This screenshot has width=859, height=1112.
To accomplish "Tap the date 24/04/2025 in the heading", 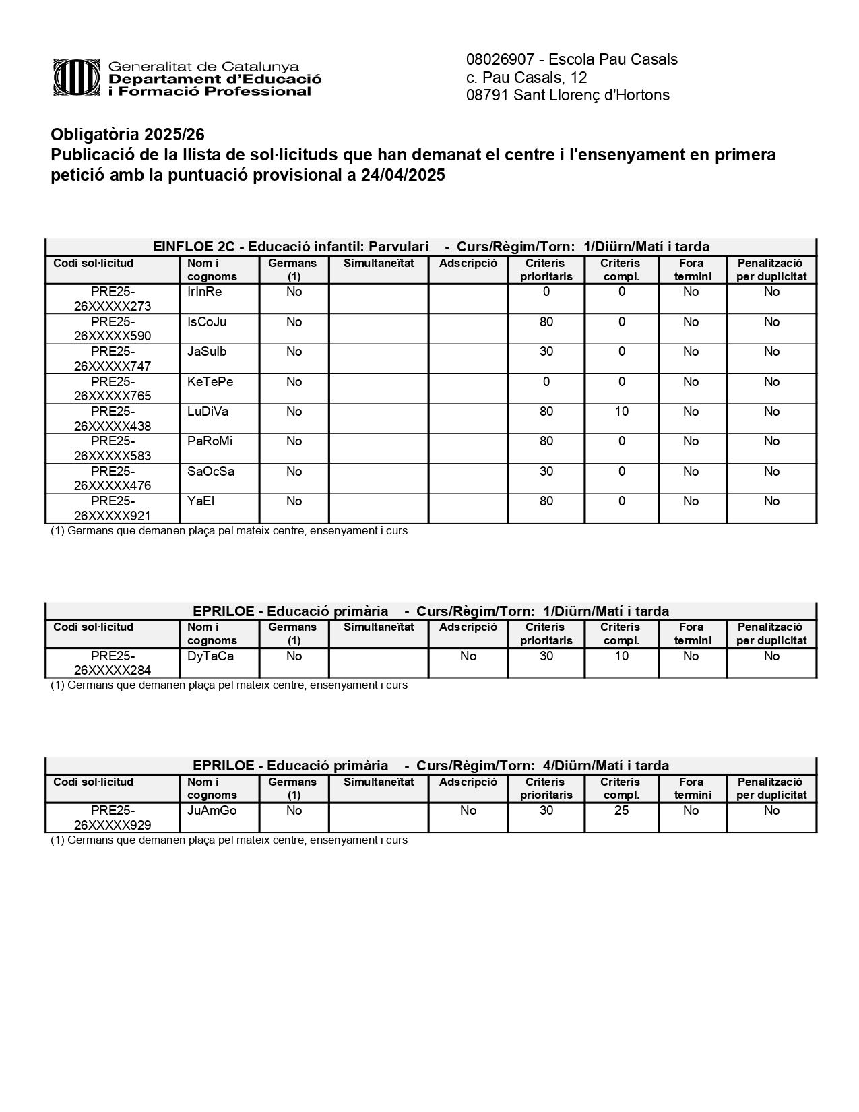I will (x=403, y=175).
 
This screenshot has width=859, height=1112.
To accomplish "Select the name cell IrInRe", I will (x=204, y=292).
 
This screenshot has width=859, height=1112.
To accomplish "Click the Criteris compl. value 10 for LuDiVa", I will (x=621, y=412).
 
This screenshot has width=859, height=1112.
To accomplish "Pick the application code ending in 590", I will (x=113, y=329).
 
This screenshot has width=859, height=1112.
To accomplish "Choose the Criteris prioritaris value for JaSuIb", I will (x=546, y=352).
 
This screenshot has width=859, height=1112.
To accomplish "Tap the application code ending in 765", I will (x=113, y=389).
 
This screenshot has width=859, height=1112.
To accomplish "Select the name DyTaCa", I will (x=210, y=656).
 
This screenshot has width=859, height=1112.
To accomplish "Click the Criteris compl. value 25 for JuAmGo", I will (x=621, y=811).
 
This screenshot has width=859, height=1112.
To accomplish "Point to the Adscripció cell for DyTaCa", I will (x=468, y=656).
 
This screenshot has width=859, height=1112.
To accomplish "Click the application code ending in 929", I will (x=113, y=817).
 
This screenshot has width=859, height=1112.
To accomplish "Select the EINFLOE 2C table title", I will (x=431, y=247).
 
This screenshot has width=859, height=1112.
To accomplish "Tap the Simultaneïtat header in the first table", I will (x=379, y=264).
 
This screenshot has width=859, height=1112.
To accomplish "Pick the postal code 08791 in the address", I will (x=487, y=95).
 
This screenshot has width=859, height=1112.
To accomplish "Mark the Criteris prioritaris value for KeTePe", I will (x=546, y=382).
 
